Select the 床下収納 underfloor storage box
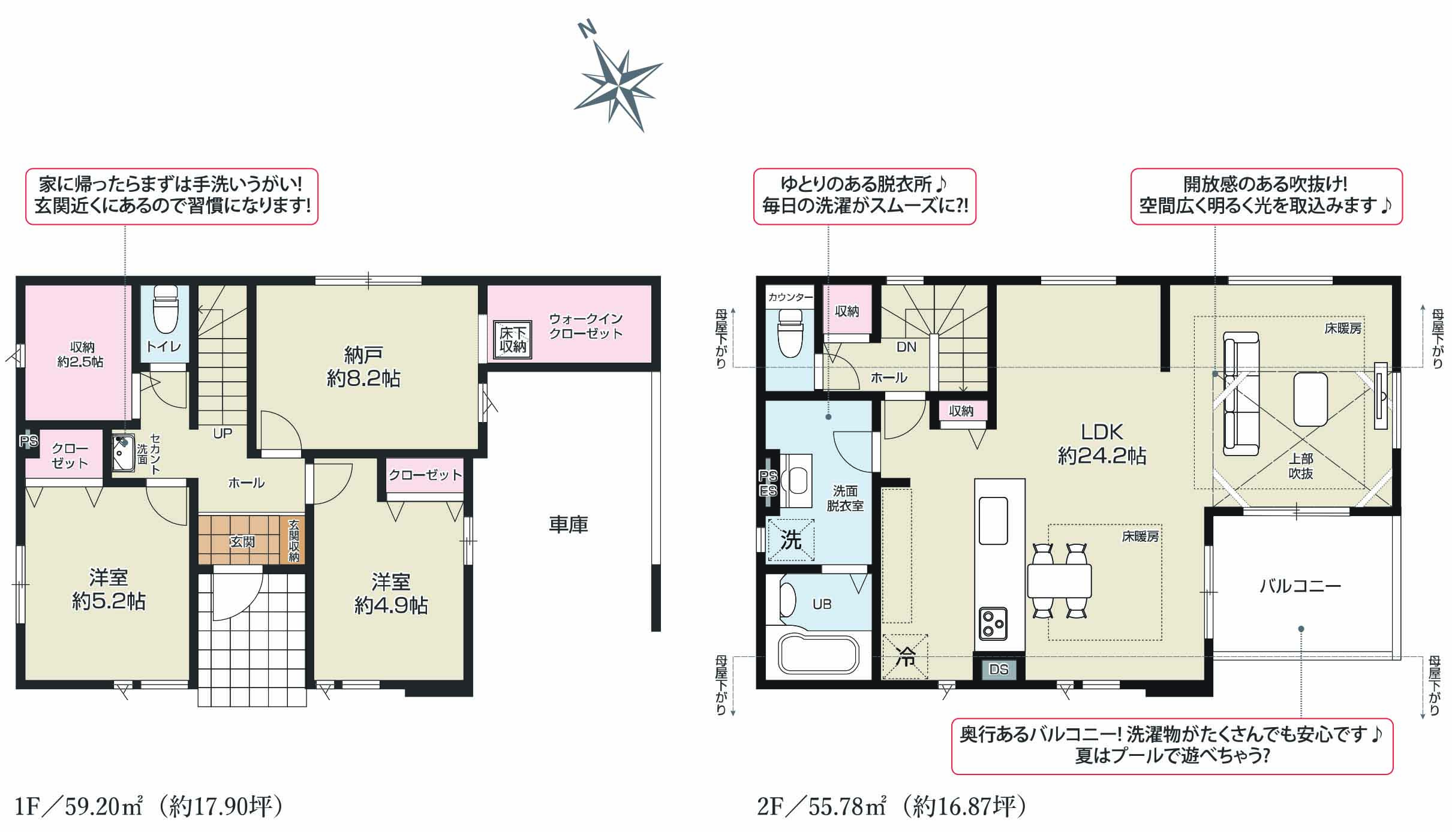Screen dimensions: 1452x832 pyautogui.click(x=513, y=340)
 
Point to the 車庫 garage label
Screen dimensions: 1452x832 pyautogui.click(x=568, y=524)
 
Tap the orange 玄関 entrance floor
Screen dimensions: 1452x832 pyautogui.click(x=243, y=539)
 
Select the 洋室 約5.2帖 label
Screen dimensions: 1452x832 pyautogui.click(x=109, y=589)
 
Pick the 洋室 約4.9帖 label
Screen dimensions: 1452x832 pyautogui.click(x=390, y=593)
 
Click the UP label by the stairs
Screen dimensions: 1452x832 pyautogui.click(x=223, y=433)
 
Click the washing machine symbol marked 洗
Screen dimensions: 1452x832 pyautogui.click(x=791, y=540)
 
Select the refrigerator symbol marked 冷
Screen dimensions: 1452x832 pyautogui.click(x=905, y=656)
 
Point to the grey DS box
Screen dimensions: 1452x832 pyautogui.click(x=999, y=669)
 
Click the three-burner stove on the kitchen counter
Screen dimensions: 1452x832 pyautogui.click(x=993, y=624)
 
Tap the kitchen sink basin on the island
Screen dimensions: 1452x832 pyautogui.click(x=993, y=520)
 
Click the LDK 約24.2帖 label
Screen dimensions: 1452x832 pyautogui.click(x=1102, y=444)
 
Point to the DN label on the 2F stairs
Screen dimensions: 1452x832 pyautogui.click(x=906, y=346)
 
